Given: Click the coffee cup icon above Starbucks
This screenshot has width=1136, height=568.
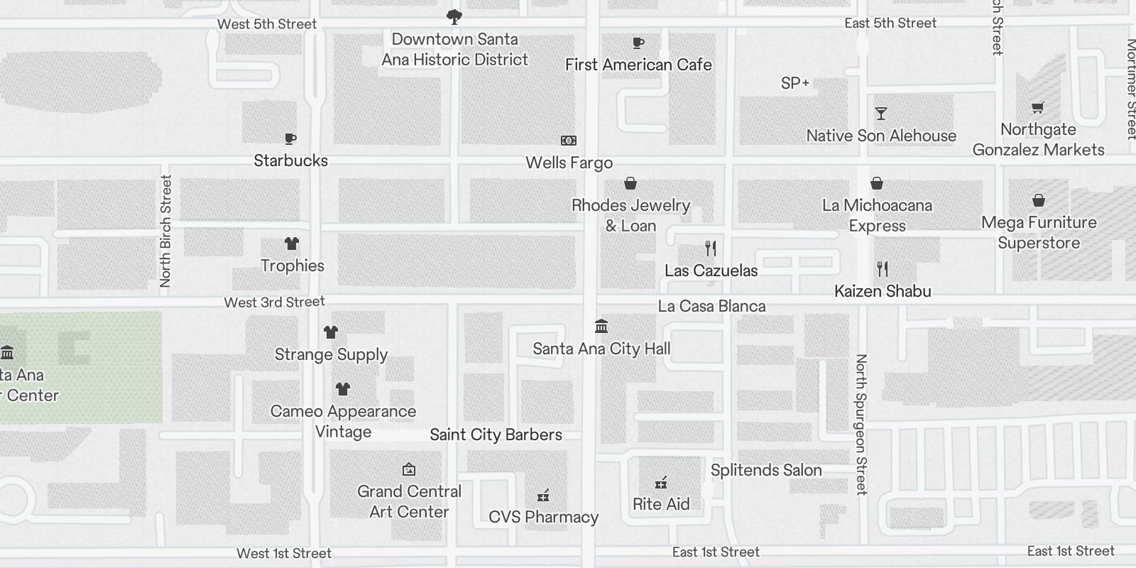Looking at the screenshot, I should point(290,138).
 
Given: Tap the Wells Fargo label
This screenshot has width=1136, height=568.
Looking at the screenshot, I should point(569,163).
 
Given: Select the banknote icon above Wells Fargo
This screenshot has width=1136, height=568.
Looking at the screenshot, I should point(569,141).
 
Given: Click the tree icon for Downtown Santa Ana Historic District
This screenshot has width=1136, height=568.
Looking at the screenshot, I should point(454,16).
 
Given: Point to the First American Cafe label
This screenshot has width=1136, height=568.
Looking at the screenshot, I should point(638,65).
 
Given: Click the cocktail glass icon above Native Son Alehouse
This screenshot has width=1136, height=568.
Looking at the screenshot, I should point(881,114).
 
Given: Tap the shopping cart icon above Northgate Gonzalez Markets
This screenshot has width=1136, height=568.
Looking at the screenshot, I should point(1038,108).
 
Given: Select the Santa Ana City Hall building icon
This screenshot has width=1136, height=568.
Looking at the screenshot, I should point(601,327).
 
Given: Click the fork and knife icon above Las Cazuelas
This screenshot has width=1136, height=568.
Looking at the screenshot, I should point(711,248).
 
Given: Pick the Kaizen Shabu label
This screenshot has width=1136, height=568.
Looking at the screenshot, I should point(883,291).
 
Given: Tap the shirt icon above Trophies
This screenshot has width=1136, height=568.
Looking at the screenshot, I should point(291,244).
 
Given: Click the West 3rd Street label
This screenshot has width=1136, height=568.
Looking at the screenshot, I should point(274,302).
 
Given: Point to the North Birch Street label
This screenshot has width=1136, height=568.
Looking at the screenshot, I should point(165,231).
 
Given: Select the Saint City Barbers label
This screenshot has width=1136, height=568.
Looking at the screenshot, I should point(496,435).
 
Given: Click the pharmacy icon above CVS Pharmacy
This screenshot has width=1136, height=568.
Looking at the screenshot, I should point(543,495).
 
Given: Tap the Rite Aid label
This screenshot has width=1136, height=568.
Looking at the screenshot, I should point(661,504).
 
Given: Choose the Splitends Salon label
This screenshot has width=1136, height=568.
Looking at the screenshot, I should point(766,470).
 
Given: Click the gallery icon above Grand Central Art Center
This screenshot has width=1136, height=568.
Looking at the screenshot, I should point(409,469).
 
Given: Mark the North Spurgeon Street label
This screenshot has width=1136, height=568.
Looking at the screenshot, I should point(861,424).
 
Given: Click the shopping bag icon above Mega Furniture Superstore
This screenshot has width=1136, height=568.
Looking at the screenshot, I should point(1039,200).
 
